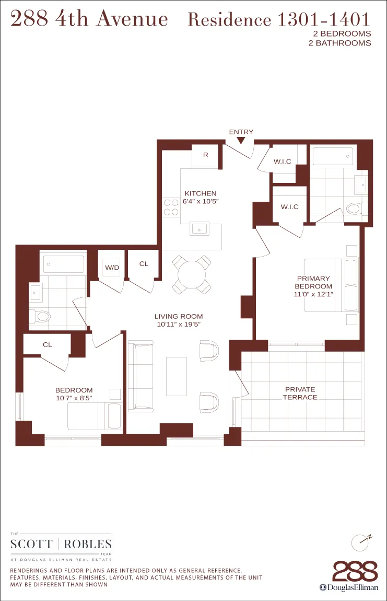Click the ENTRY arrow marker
coord(241,140)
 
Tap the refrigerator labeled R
coord(206,155)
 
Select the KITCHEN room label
coord(200,193)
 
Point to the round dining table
coord(192,274)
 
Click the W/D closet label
coord(112,268)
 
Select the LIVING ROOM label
coord(178,316)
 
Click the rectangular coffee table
coord(177,376)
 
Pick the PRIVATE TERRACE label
coord(300,393)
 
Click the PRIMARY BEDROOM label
coord(313,283)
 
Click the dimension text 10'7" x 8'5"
coord(74,398)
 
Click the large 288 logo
coord(355,571)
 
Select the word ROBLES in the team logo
coord(88,544)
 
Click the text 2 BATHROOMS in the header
coord(340,43)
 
